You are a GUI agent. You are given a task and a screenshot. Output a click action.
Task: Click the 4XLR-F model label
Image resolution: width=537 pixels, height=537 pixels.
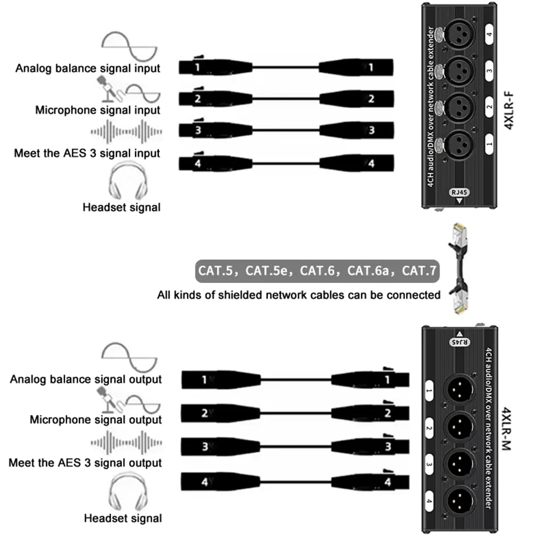coord(509,110)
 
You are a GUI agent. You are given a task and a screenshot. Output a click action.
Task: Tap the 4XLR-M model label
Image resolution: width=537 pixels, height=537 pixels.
coord(506,429)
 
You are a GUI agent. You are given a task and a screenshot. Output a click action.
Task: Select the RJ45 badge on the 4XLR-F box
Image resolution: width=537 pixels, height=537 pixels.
coord(459,192)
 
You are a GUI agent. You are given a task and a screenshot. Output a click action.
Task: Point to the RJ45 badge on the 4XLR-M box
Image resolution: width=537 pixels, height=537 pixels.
coord(460,342)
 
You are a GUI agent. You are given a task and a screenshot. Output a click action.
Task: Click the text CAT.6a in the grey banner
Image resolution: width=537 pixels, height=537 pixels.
coord(368,270)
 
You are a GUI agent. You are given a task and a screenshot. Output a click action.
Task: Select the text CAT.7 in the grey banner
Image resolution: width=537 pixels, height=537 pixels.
coord(419,270)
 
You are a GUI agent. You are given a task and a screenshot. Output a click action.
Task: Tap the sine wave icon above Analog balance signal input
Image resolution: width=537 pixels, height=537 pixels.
coord(129,47)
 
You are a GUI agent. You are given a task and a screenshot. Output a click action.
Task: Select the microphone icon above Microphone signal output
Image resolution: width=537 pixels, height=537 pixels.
coord(109,400)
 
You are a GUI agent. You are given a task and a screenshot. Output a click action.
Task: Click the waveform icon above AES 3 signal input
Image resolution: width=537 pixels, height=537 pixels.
coord(126,131)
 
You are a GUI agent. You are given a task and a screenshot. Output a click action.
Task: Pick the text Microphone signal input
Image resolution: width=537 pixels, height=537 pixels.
coord(97,110)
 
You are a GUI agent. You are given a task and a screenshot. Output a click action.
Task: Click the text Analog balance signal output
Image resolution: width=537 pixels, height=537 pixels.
coord(85,379)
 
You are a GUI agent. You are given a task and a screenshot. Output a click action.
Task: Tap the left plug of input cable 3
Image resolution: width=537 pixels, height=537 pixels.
coord(216,130)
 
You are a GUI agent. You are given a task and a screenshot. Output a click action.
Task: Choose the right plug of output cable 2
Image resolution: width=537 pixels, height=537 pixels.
coord(370,413)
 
